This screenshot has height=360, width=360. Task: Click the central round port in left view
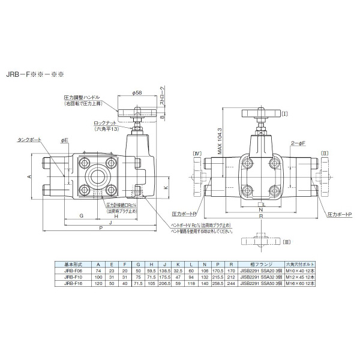[96, 174]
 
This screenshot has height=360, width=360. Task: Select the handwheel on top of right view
[260, 113]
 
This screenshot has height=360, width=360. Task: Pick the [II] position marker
[325, 153]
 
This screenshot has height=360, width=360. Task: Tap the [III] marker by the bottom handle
[287, 241]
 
